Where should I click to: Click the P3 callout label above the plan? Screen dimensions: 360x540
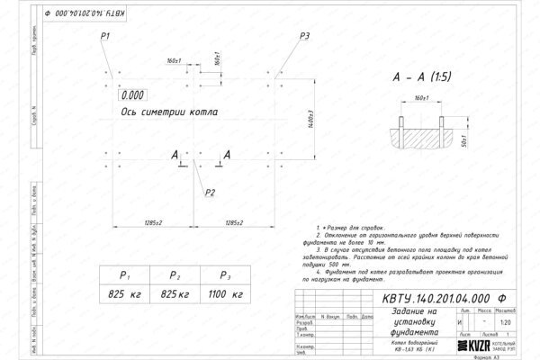(x=305, y=35)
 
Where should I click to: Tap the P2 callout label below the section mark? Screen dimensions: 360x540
(x=209, y=193)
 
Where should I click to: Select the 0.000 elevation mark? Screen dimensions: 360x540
(x=132, y=94)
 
